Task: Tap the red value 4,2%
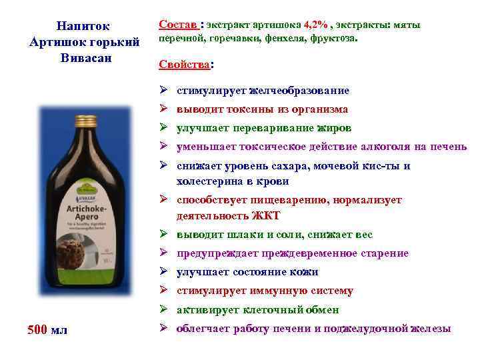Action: (315, 25)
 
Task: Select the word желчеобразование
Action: (299, 91)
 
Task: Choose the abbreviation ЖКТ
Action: (267, 216)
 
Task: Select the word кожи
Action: (304, 272)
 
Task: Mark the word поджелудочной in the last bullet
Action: (365, 328)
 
